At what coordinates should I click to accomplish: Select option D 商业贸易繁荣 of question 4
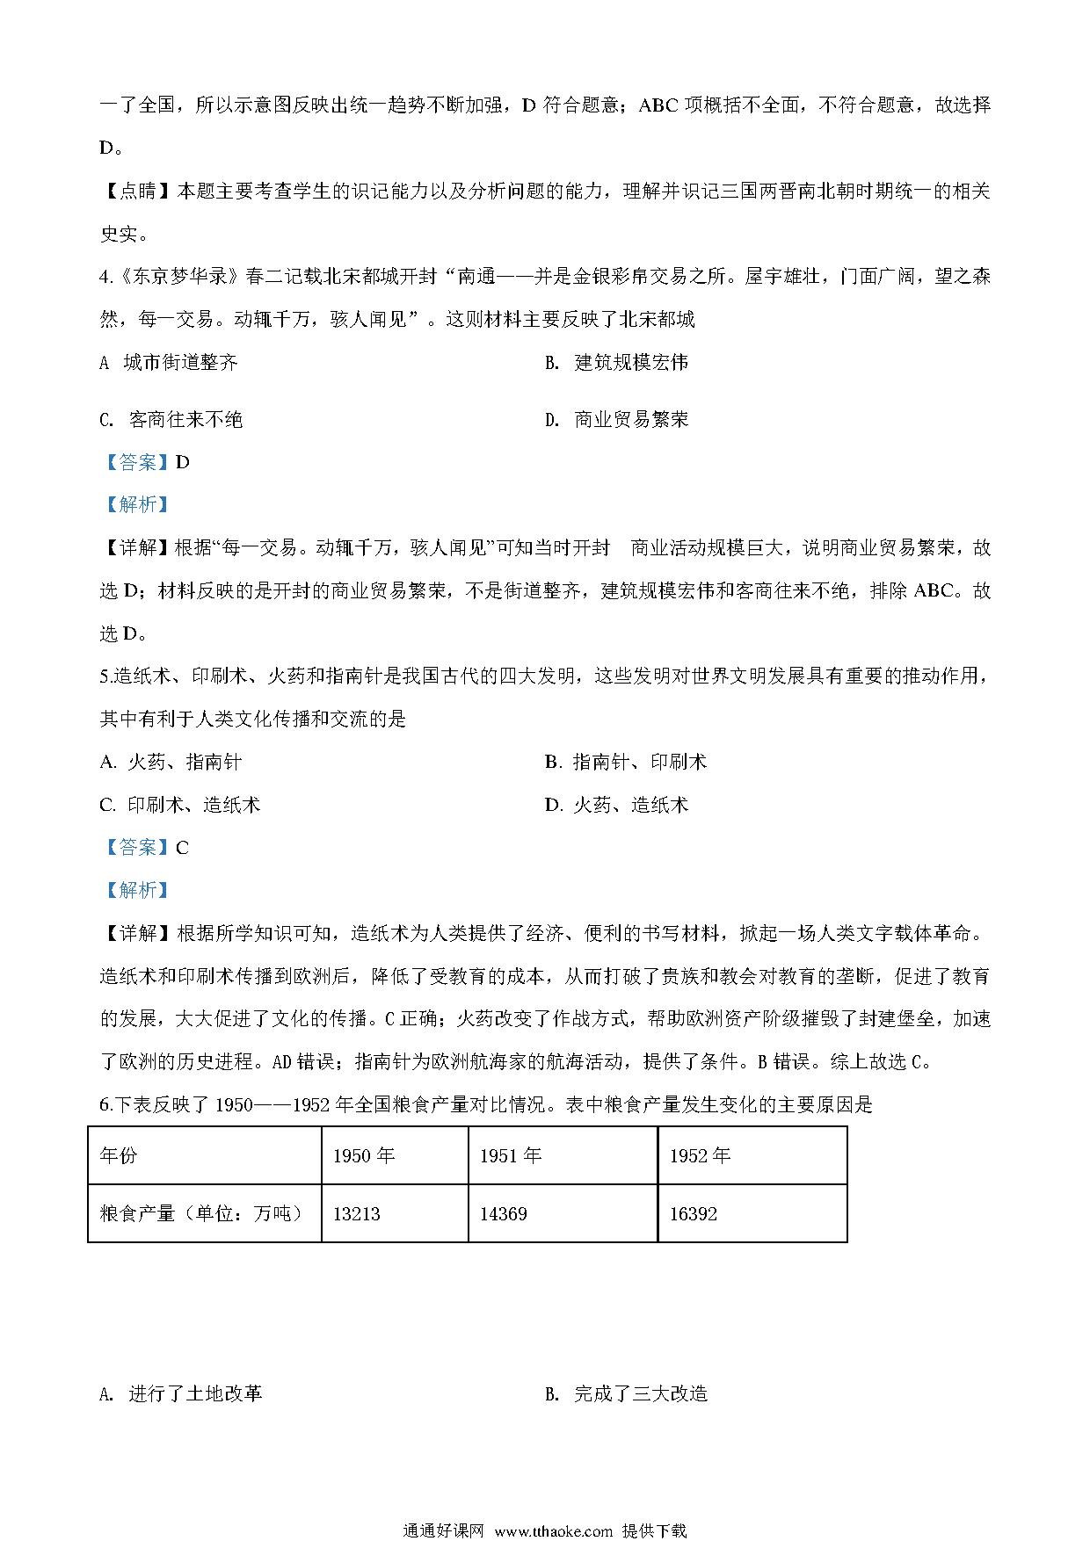[617, 419]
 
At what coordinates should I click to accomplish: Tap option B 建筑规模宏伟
[617, 362]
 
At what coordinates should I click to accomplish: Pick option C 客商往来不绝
[171, 419]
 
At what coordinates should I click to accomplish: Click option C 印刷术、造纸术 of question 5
[181, 805]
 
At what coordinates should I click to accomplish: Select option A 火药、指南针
[171, 762]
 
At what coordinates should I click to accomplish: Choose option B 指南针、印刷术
[626, 762]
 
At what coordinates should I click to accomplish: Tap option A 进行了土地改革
[182, 1393]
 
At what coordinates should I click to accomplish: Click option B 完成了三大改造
[627, 1393]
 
